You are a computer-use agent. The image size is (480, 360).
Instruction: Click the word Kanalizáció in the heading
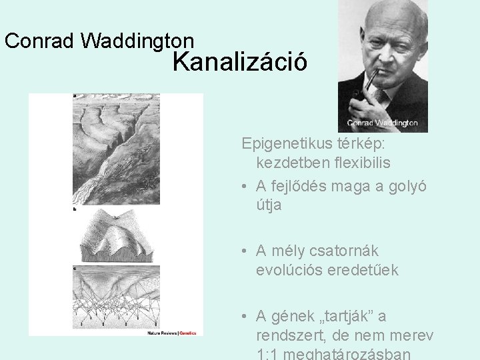tap(240, 62)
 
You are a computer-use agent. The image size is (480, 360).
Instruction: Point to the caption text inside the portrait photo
tap(382, 123)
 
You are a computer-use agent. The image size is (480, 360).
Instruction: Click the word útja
tap(269, 205)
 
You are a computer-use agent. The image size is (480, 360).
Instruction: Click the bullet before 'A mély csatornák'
tap(245, 251)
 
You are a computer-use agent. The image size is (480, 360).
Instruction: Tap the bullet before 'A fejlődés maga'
tap(245, 186)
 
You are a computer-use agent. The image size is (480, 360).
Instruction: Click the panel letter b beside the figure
tap(74, 209)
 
